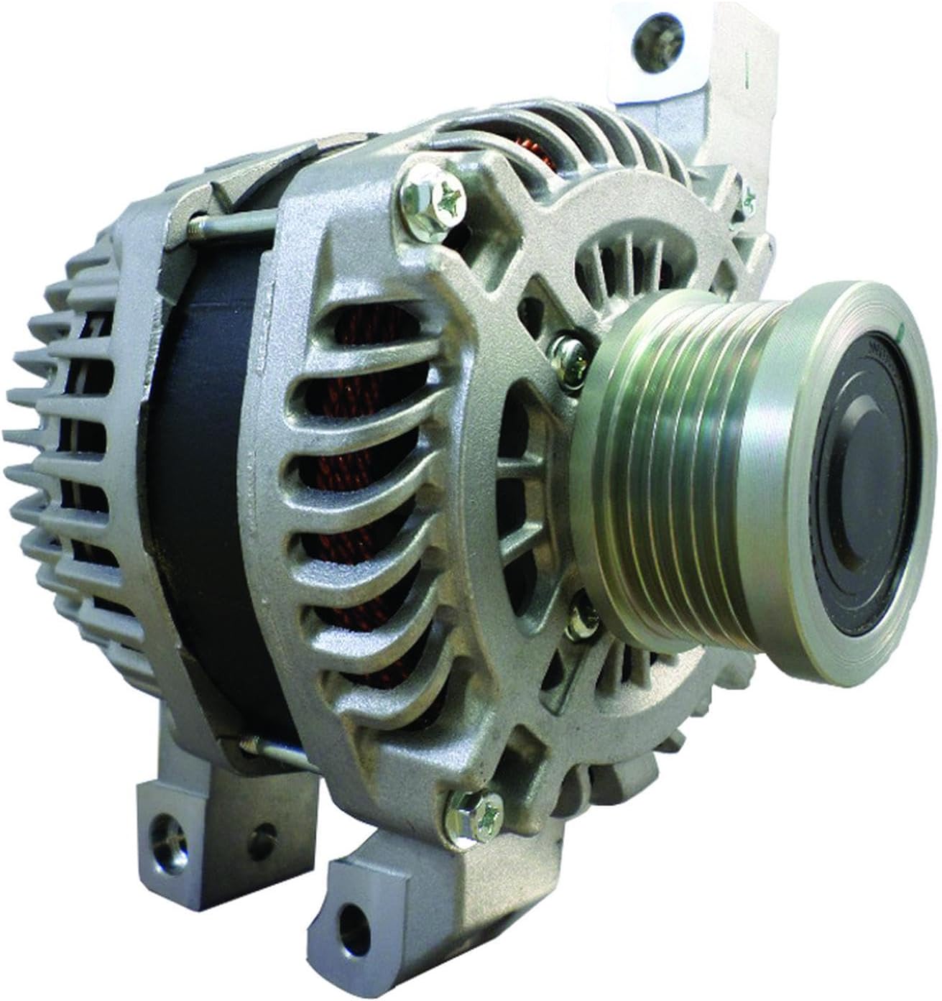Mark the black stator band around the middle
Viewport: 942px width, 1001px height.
216,467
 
